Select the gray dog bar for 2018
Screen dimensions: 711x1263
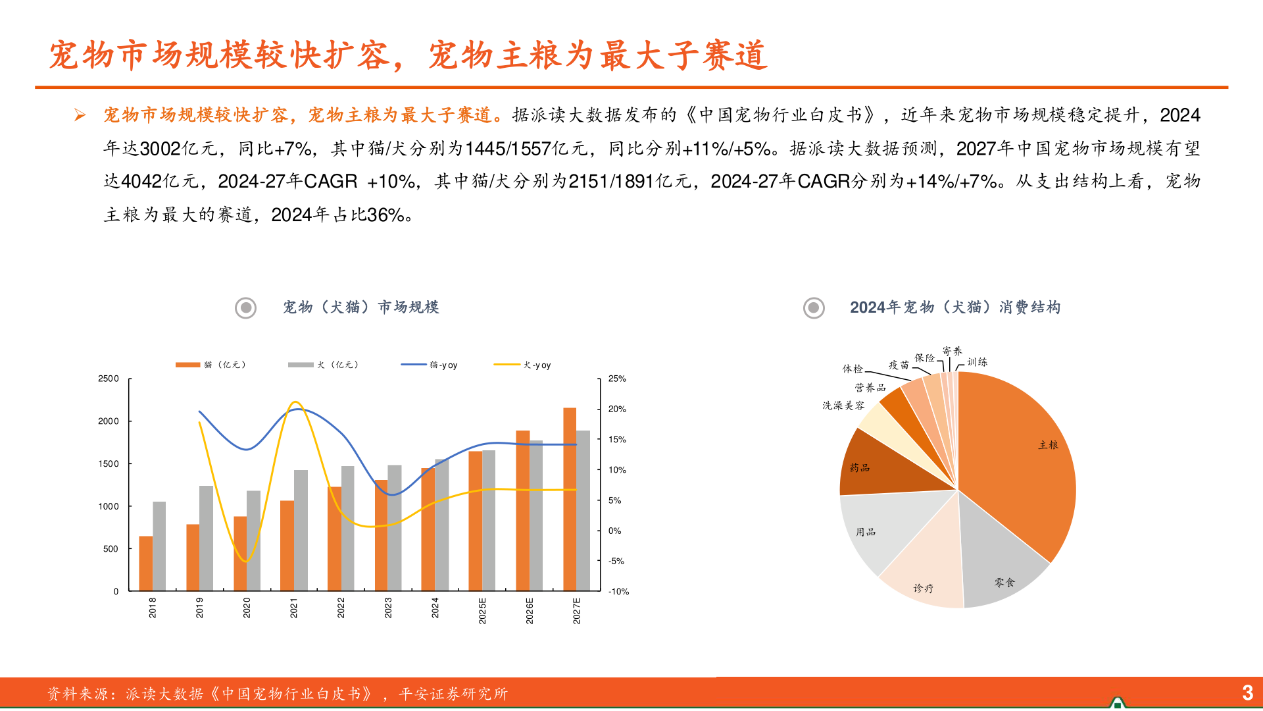coord(159,546)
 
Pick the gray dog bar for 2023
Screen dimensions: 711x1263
coord(395,527)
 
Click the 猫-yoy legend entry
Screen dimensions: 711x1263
coord(430,365)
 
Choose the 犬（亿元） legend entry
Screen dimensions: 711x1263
coord(323,365)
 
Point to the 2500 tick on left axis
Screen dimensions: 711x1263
coord(109,379)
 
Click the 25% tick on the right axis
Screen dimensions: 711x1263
coord(617,379)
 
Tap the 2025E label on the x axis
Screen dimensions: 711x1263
coord(482,610)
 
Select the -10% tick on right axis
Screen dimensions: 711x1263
coord(618,591)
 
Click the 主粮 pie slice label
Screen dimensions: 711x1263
coord(1048,445)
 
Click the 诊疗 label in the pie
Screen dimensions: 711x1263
coord(923,588)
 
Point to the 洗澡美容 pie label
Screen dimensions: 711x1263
coord(843,405)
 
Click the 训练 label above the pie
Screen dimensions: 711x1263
coord(977,361)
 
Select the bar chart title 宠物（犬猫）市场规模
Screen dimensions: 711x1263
coord(360,307)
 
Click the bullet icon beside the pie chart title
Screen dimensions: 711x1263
coord(814,307)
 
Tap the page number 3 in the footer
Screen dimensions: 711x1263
coord(1247,692)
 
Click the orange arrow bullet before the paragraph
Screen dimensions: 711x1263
coord(80,116)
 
